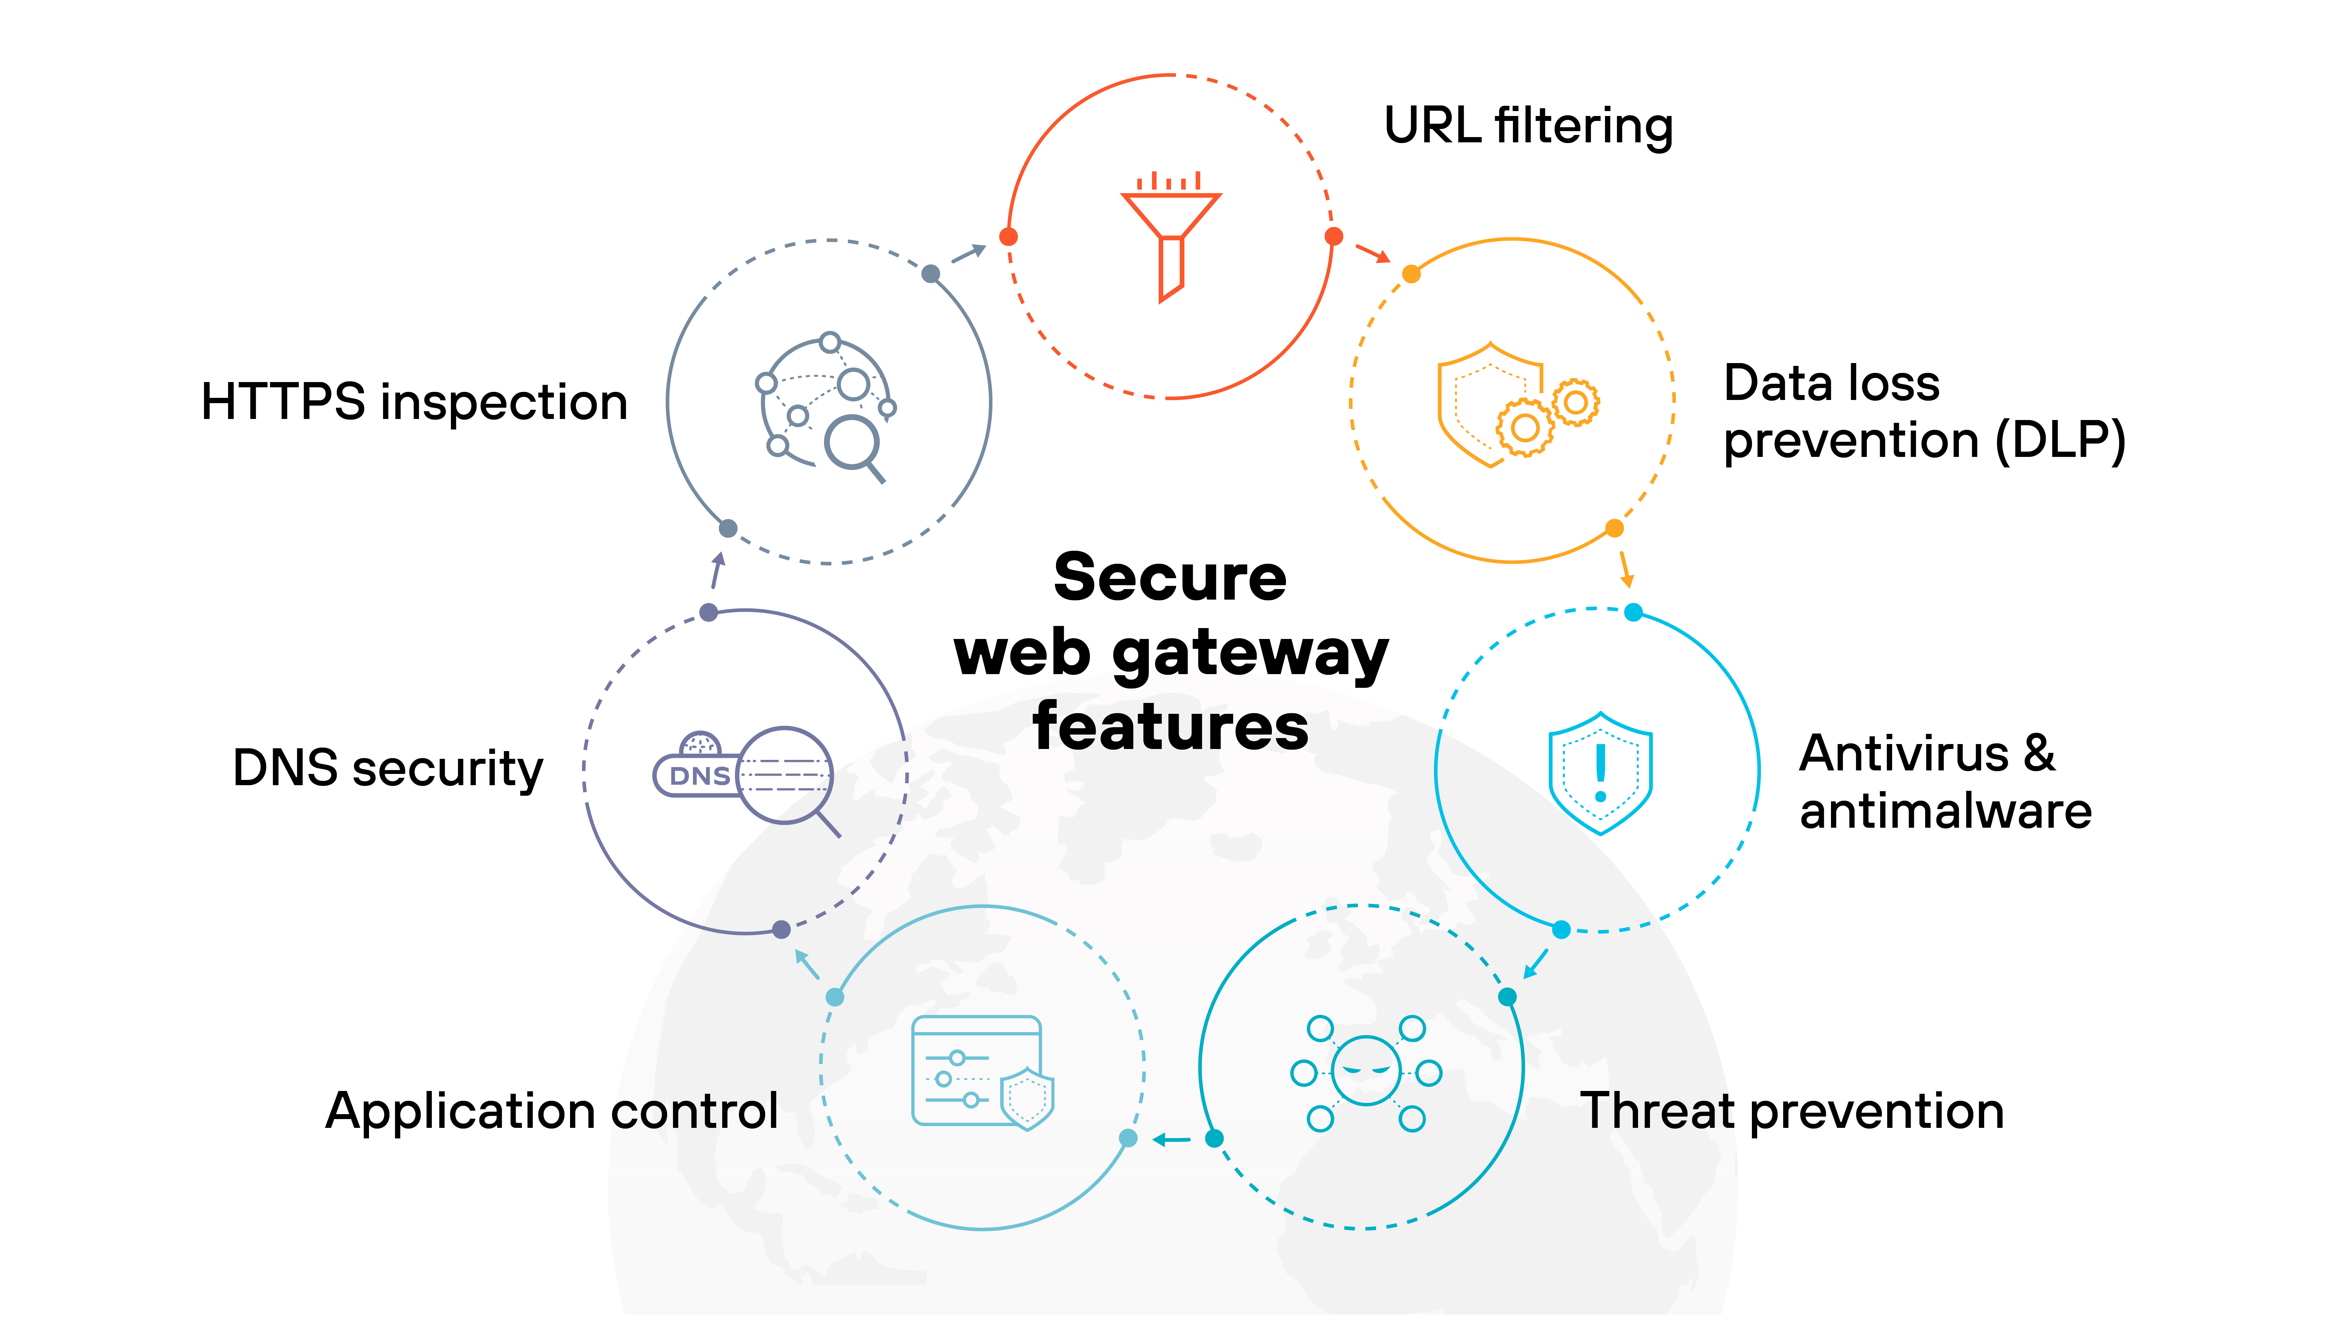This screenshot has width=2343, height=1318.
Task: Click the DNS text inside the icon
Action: click(x=699, y=776)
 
